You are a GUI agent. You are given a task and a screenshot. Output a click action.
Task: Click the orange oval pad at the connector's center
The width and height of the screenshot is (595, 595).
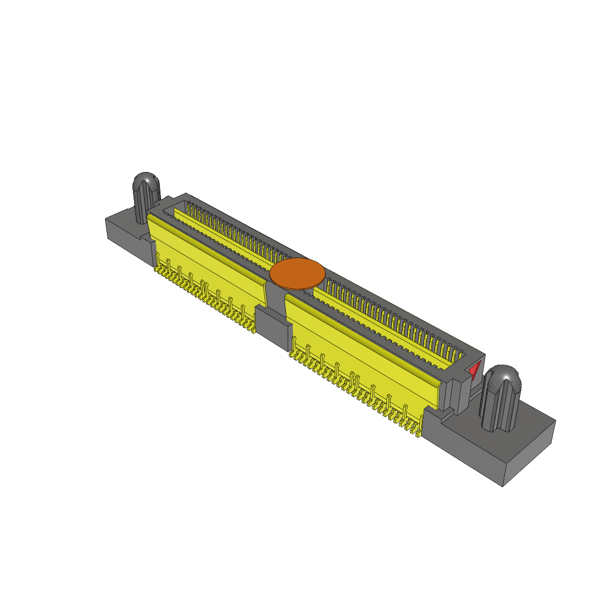(x=297, y=274)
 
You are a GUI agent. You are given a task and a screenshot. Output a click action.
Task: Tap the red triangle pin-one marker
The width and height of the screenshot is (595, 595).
(x=475, y=370)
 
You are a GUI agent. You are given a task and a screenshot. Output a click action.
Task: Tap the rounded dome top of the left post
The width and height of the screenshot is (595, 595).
(x=146, y=180)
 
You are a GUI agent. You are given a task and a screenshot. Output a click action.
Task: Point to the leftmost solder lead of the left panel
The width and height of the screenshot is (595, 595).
(x=157, y=270)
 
